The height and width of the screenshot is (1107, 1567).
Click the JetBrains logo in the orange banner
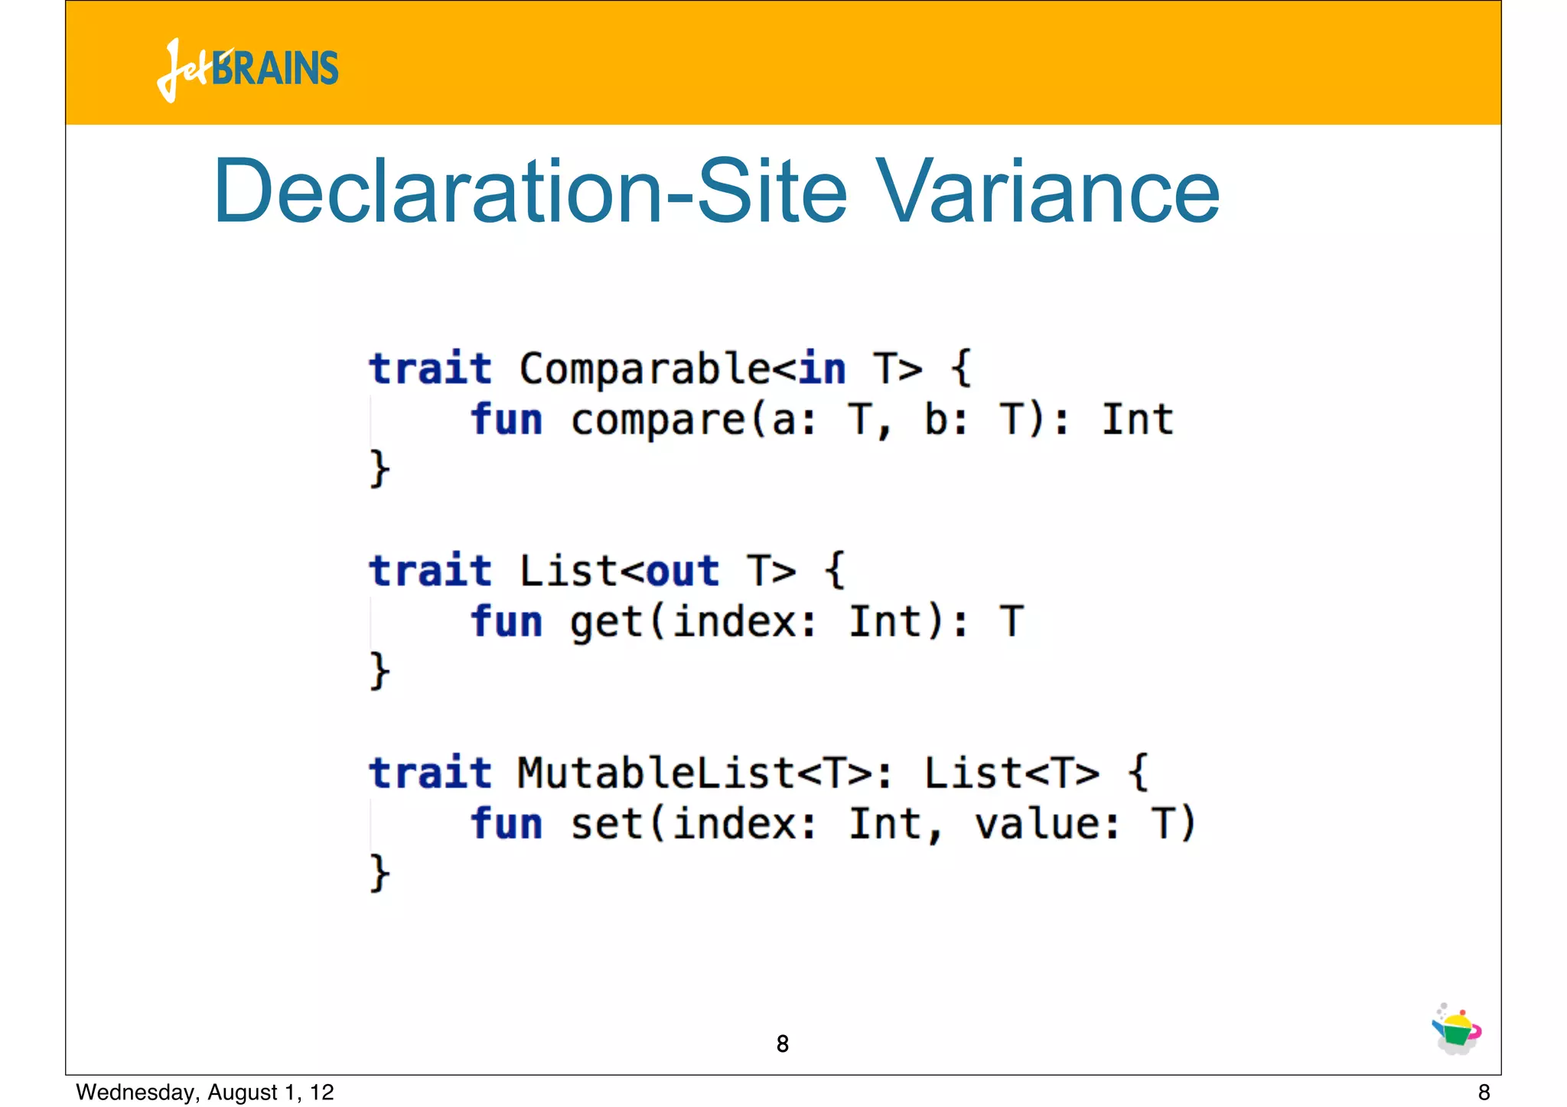(248, 69)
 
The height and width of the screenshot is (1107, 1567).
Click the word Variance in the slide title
(1047, 191)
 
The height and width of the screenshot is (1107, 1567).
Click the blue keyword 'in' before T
(823, 370)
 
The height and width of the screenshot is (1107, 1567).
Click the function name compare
(657, 420)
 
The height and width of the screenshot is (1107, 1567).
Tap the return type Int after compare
(1137, 420)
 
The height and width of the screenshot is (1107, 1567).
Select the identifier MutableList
(656, 773)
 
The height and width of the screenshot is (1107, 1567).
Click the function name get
(607, 622)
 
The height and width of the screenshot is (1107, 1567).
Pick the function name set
(607, 824)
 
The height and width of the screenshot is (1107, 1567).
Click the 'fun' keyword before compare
(507, 420)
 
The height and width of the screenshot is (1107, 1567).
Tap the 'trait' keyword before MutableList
(430, 773)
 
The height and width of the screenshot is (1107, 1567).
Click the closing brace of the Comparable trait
(380, 468)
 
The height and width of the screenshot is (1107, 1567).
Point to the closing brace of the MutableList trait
(380, 873)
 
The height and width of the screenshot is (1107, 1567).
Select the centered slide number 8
(782, 1044)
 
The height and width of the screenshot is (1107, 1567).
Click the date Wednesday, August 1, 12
(205, 1092)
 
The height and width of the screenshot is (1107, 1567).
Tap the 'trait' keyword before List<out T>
(430, 571)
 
